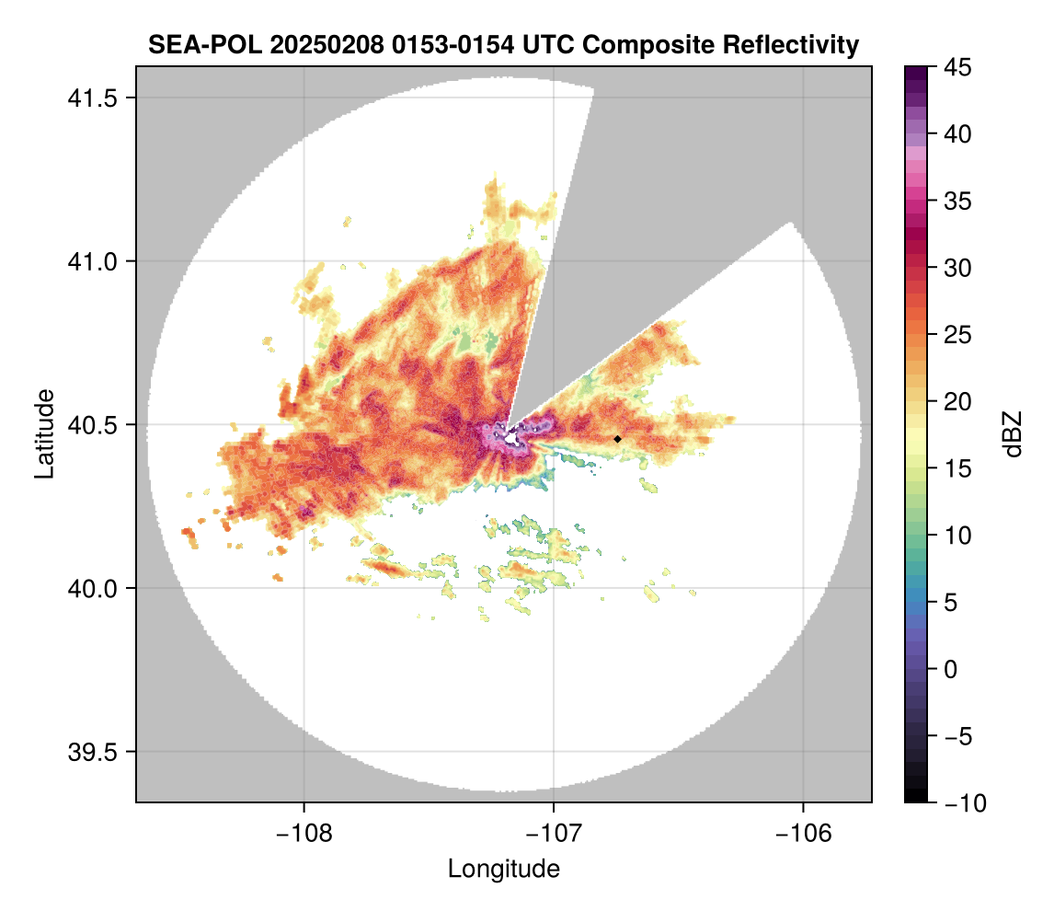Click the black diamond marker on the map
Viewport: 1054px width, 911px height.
pos(617,439)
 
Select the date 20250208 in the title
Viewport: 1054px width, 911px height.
pos(321,44)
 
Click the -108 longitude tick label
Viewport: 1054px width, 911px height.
pos(304,833)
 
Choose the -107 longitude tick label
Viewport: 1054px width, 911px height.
pos(554,833)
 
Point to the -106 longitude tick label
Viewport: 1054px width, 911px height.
pos(804,833)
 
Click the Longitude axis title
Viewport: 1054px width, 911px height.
pos(504,869)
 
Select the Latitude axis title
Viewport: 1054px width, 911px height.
pos(43,433)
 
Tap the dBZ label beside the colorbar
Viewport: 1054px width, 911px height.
pos(1013,433)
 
